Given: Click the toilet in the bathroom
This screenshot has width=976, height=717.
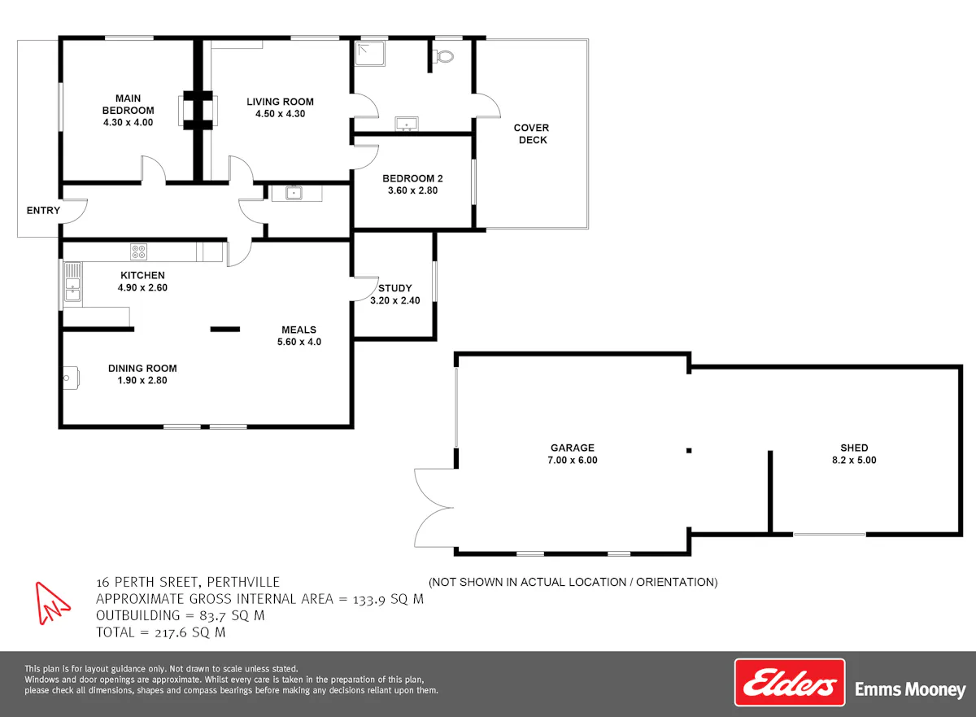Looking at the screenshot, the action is pyautogui.click(x=442, y=56).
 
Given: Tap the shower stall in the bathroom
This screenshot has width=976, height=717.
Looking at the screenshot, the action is pyautogui.click(x=370, y=54).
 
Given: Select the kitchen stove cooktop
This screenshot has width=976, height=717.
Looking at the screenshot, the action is pyautogui.click(x=138, y=252).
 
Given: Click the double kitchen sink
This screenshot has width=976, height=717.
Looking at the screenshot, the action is pyautogui.click(x=72, y=282).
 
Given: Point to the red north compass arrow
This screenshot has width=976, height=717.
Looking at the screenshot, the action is pyautogui.click(x=52, y=603).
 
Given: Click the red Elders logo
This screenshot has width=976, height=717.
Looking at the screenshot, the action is pyautogui.click(x=790, y=683).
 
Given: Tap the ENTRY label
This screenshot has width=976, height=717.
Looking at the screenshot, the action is pyautogui.click(x=43, y=211).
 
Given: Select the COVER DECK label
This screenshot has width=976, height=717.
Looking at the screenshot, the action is pyautogui.click(x=532, y=133).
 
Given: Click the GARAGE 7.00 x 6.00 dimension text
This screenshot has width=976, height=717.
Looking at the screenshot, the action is pyautogui.click(x=573, y=460).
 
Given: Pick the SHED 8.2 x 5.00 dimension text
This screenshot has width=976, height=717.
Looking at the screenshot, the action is pyautogui.click(x=854, y=460).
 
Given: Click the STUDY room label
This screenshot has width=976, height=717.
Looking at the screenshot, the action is pyautogui.click(x=394, y=288).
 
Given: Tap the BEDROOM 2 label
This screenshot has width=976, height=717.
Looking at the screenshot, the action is pyautogui.click(x=412, y=178).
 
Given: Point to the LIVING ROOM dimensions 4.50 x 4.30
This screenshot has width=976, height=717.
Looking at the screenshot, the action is pyautogui.click(x=280, y=114).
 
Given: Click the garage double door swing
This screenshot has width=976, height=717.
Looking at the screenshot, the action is pyautogui.click(x=434, y=508).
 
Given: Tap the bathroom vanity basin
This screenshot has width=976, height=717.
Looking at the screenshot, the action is pyautogui.click(x=407, y=124).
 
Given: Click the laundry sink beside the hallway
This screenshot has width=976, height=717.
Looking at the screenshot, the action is pyautogui.click(x=294, y=193).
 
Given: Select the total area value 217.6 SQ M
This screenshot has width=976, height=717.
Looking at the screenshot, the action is pyautogui.click(x=190, y=632).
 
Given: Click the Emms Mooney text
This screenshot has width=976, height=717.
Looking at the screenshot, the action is pyautogui.click(x=910, y=689).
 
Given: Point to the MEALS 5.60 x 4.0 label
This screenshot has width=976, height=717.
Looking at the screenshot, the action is pyautogui.click(x=299, y=335).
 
